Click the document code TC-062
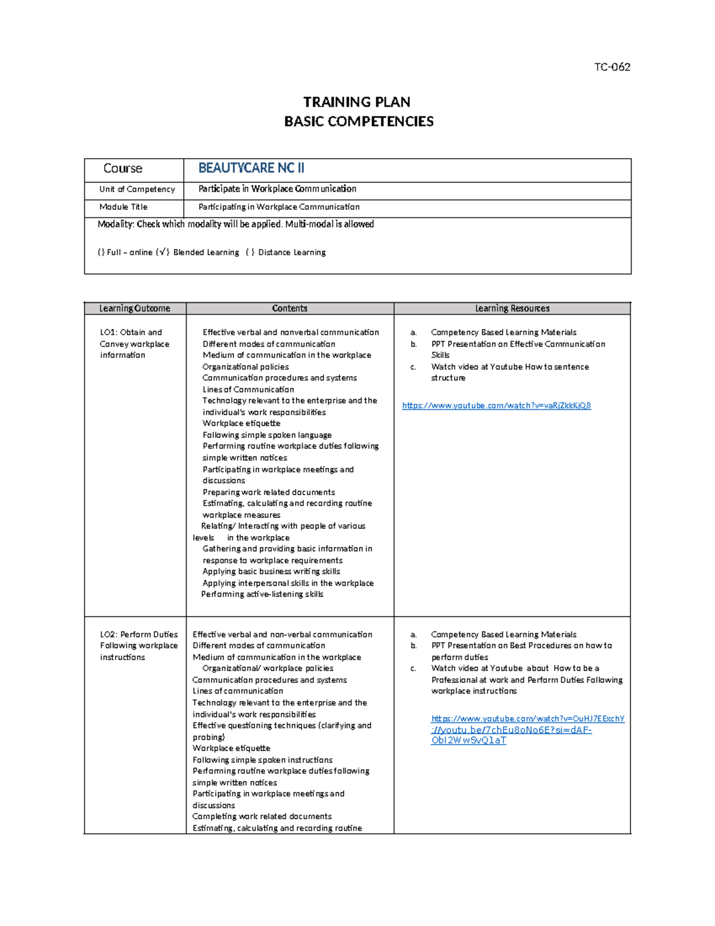click(x=612, y=67)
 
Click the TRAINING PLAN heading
click(x=357, y=102)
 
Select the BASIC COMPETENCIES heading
click(x=359, y=122)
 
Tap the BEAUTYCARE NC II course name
click(x=251, y=168)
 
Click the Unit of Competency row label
click(x=137, y=189)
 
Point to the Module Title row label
click(x=123, y=207)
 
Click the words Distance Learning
click(x=292, y=252)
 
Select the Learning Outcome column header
click(x=135, y=308)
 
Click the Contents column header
click(x=290, y=308)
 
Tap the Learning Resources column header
click(x=512, y=308)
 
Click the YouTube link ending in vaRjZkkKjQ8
click(x=496, y=405)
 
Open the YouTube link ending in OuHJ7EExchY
click(x=527, y=718)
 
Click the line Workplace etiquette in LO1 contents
click(x=241, y=423)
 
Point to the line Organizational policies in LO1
click(x=245, y=367)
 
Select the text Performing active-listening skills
click(x=262, y=594)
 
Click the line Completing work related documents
click(x=262, y=816)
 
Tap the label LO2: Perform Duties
click(x=139, y=634)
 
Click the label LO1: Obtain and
click(x=131, y=332)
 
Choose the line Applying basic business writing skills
click(x=271, y=571)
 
